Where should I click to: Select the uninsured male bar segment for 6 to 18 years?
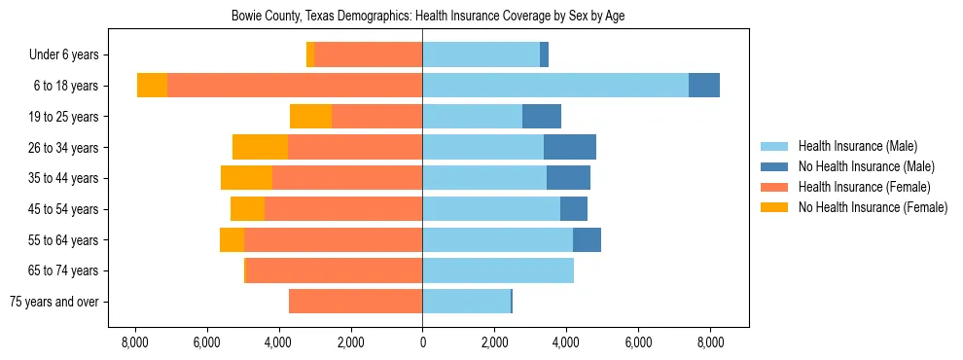(x=704, y=86)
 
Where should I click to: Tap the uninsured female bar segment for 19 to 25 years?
(x=310, y=117)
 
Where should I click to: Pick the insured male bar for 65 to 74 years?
(x=498, y=270)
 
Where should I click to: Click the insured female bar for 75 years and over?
(x=355, y=302)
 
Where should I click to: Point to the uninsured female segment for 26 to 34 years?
(x=260, y=147)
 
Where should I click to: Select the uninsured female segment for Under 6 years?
(x=310, y=54)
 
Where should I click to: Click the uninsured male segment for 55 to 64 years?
(x=587, y=239)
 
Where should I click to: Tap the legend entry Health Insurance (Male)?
(x=857, y=146)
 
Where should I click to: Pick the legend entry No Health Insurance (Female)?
(x=873, y=207)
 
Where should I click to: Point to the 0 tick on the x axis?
(x=422, y=342)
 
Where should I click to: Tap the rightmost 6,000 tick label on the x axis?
(x=638, y=342)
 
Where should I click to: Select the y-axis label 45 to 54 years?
(x=69, y=209)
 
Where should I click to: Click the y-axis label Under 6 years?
(x=70, y=55)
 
